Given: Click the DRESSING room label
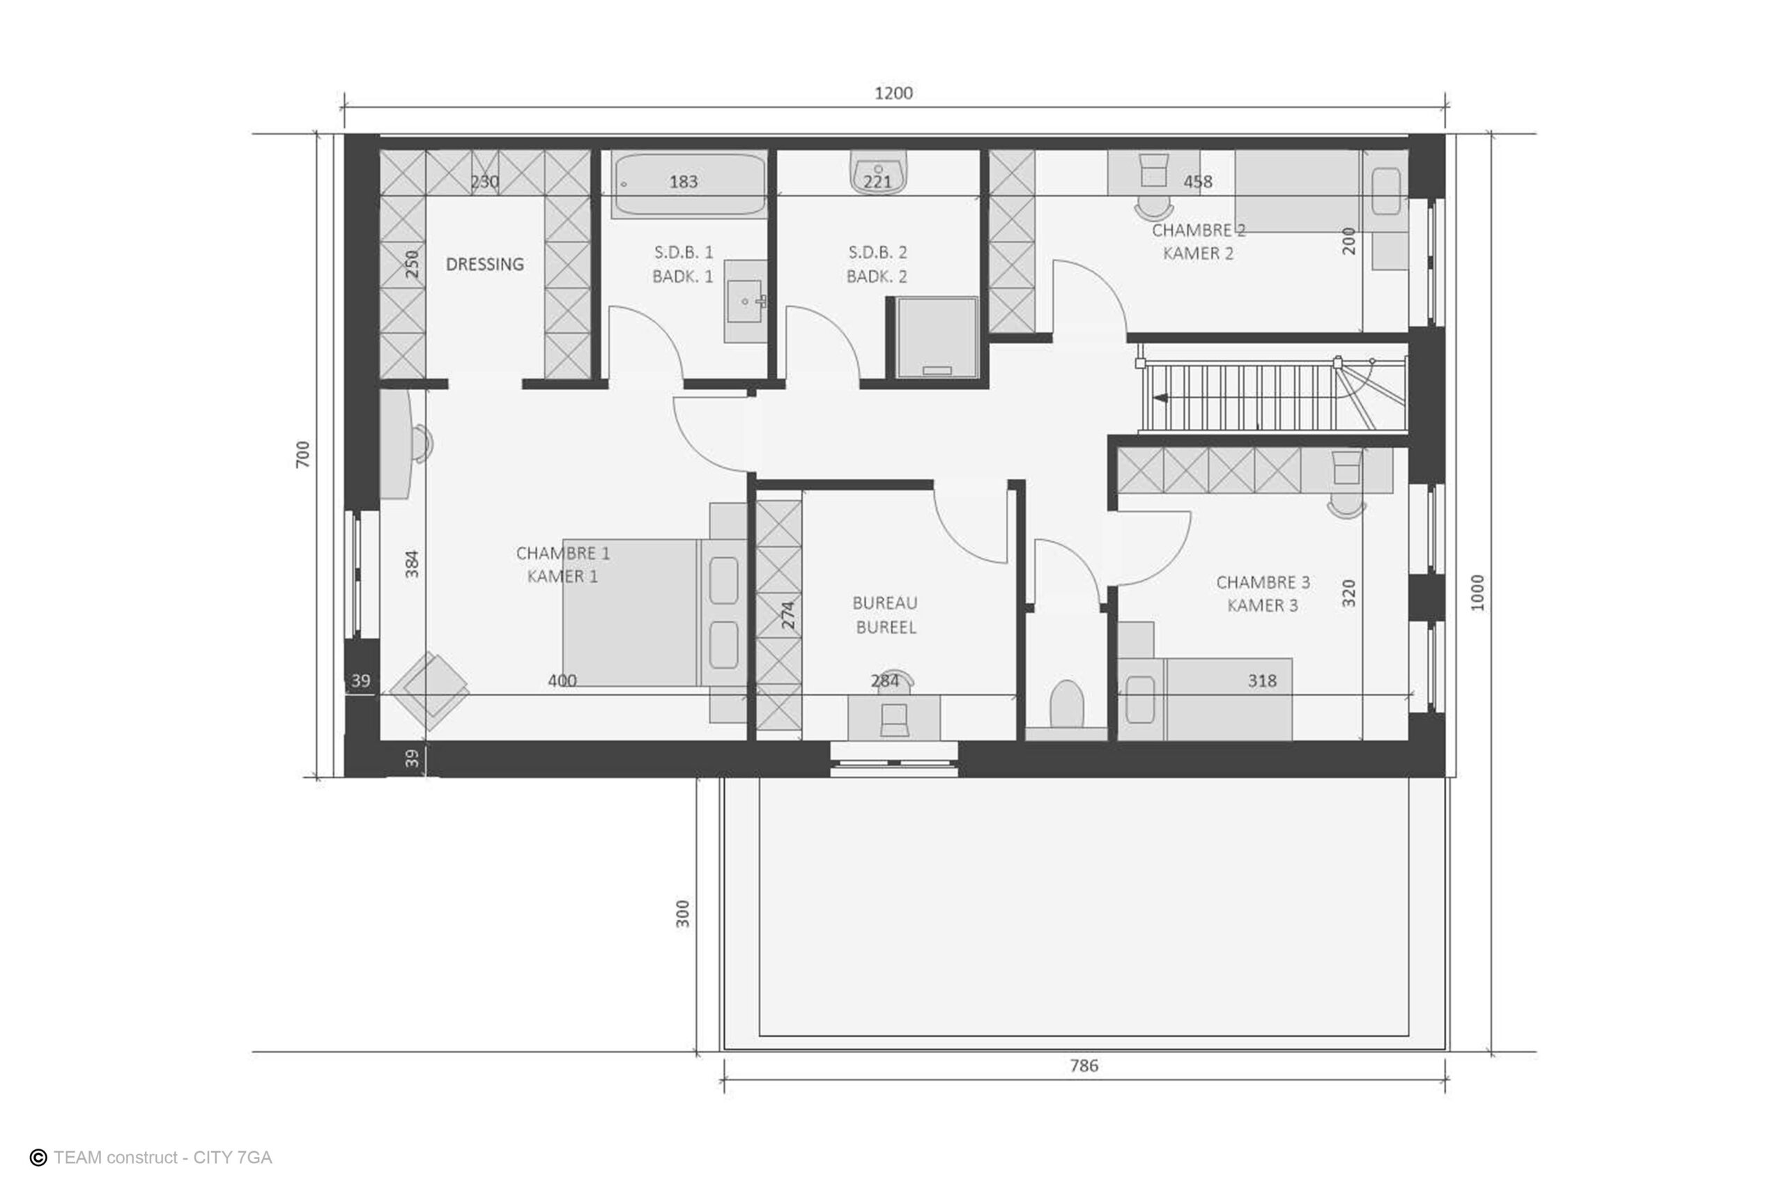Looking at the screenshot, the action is [485, 264].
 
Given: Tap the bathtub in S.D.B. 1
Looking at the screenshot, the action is [689, 185].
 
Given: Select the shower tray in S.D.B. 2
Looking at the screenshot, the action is [937, 337].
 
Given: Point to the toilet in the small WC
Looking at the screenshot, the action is [1066, 704].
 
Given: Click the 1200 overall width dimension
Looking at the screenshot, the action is [893, 93].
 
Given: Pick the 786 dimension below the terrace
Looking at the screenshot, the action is [1084, 1066].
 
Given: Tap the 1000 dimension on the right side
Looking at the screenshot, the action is [1477, 592].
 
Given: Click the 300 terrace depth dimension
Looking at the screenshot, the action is [683, 914].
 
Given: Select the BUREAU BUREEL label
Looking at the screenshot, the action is [885, 615].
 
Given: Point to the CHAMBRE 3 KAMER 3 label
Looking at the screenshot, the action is [1263, 593].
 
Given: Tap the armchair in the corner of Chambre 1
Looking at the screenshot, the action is [429, 692].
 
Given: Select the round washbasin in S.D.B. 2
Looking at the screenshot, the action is [878, 173].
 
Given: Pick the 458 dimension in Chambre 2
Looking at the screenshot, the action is [1198, 182].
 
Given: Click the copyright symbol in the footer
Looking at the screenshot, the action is [38, 1158].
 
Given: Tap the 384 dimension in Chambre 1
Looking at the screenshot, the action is [411, 564].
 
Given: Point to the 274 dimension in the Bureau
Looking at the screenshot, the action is [788, 615].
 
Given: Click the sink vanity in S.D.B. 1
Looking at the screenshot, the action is [746, 302].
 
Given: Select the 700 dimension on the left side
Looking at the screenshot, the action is [302, 454].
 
